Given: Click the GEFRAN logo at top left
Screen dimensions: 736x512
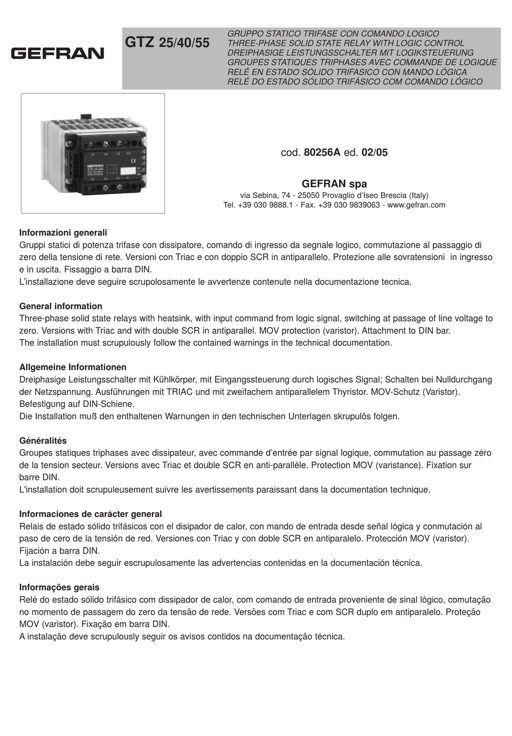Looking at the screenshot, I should (x=57, y=53).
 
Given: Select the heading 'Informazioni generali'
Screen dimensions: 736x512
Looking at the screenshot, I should (x=63, y=233).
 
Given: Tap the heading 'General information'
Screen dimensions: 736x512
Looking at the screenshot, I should (x=60, y=306).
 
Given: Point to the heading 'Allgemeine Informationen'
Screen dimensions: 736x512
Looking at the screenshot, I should (x=73, y=367).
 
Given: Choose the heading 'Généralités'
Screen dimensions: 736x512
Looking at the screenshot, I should (x=43, y=441).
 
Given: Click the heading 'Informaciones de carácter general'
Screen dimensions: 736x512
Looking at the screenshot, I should (x=91, y=514).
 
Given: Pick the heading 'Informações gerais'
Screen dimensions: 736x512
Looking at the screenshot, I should (x=59, y=588).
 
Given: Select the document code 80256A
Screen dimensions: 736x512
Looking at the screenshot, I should (x=322, y=153).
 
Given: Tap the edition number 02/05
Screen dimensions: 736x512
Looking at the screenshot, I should (x=374, y=153).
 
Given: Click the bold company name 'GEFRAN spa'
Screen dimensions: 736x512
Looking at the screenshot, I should (x=334, y=183).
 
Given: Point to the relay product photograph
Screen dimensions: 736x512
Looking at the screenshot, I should (x=93, y=153).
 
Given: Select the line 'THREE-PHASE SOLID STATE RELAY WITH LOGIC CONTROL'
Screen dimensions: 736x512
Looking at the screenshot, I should (x=346, y=43).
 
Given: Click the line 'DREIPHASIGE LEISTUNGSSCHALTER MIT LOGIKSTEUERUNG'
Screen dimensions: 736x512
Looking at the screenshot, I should (x=351, y=53).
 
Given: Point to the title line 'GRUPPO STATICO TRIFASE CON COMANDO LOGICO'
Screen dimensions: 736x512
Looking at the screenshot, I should (x=333, y=33).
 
